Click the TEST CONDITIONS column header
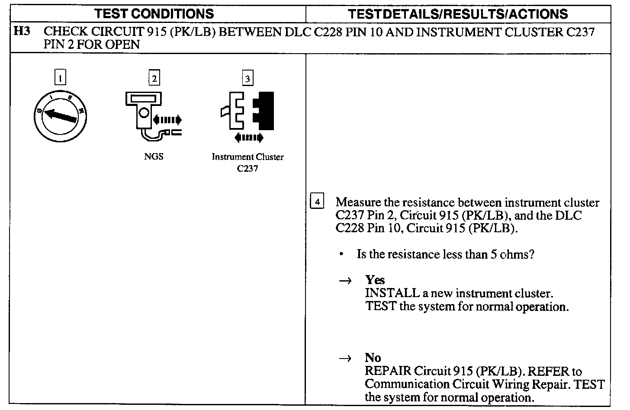click(x=154, y=14)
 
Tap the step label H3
click(x=22, y=32)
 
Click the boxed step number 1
click(x=61, y=78)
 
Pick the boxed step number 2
click(x=154, y=78)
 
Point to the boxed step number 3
click(x=247, y=78)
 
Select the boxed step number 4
click(x=317, y=202)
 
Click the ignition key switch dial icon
click(x=60, y=116)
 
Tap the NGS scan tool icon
click(x=151, y=115)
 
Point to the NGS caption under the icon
click(x=154, y=157)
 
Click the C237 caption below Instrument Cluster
click(x=247, y=169)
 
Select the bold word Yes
click(x=375, y=280)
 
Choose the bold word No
click(x=373, y=358)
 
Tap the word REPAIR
click(x=388, y=371)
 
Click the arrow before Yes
click(x=344, y=281)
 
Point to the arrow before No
click(x=344, y=359)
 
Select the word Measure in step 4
click(x=359, y=202)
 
